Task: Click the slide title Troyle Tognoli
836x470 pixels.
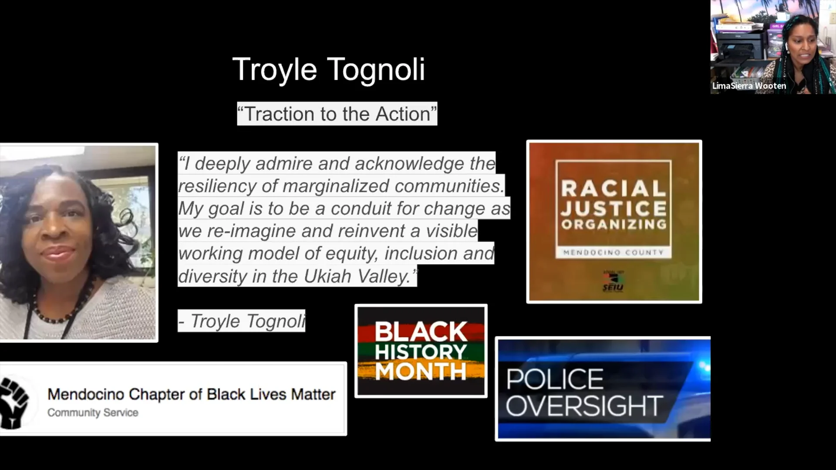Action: point(329,70)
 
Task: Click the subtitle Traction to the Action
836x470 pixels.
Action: point(337,114)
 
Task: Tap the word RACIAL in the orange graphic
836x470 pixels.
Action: point(614,189)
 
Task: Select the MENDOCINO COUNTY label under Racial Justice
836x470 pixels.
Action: point(614,252)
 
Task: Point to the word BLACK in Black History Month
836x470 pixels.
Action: point(421,332)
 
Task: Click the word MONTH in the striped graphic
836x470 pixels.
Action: point(421,372)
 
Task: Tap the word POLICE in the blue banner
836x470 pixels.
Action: point(555,379)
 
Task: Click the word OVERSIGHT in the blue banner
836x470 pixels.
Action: point(584,406)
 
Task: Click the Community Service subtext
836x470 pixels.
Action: point(93,413)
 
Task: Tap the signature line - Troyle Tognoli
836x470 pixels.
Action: point(242,321)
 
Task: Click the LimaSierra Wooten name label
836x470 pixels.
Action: point(749,86)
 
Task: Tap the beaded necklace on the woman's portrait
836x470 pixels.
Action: point(65,313)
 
